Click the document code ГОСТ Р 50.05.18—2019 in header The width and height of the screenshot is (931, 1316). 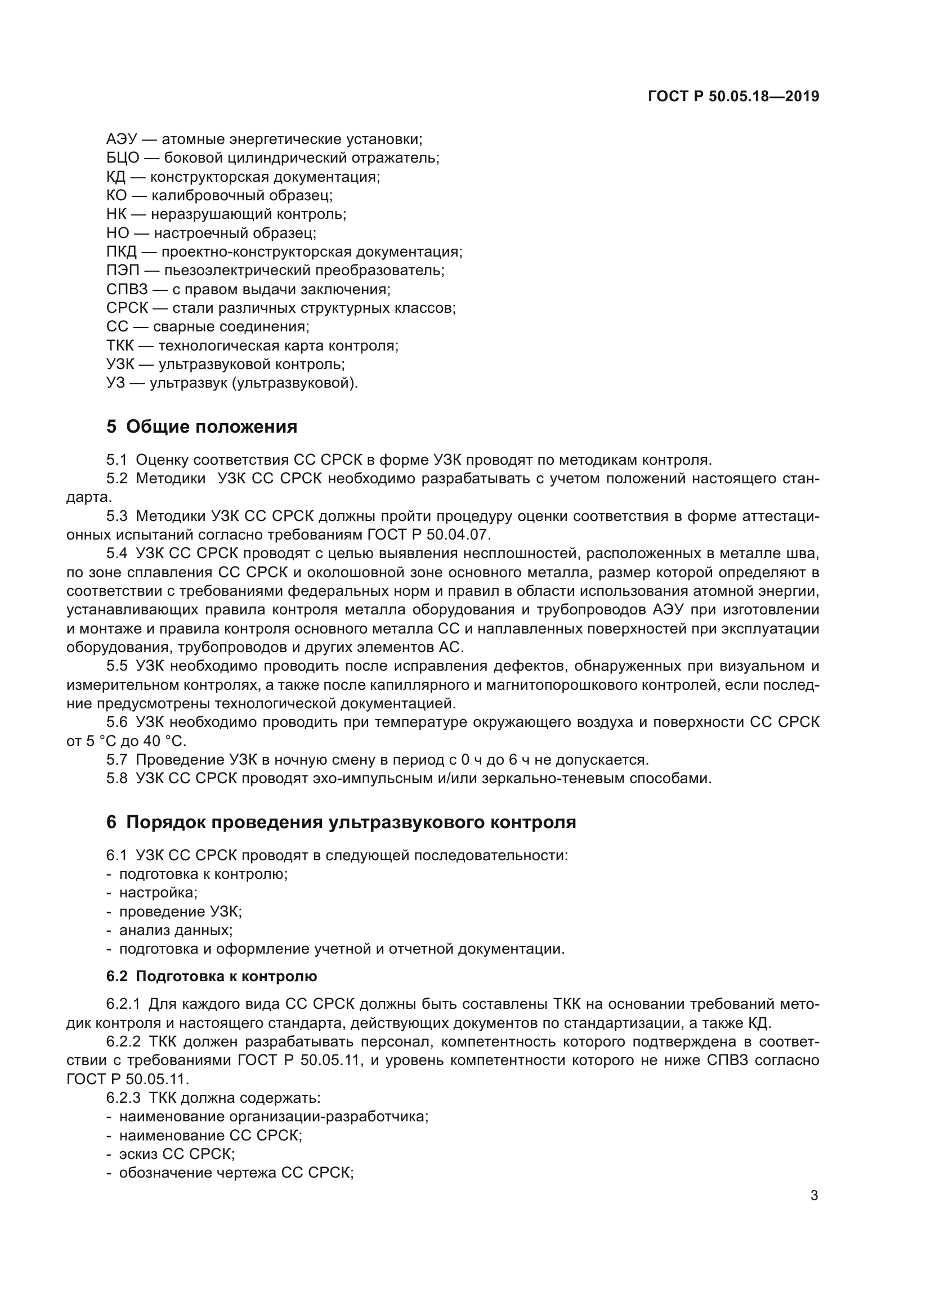[x=733, y=96]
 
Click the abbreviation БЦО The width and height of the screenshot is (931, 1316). [x=123, y=158]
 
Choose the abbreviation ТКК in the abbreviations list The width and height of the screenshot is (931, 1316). [x=120, y=345]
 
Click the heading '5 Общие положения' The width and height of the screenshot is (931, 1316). [x=202, y=427]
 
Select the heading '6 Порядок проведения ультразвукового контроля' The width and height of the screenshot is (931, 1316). [x=341, y=823]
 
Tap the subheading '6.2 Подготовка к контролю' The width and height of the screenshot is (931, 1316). [x=212, y=976]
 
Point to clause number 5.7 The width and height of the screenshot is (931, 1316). [x=117, y=760]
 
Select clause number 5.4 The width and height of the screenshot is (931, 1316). [x=117, y=554]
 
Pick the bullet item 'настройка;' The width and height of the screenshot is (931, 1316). [x=158, y=892]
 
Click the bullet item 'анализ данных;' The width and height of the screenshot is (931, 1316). [x=176, y=930]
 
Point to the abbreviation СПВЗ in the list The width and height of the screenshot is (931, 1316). [x=127, y=289]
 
